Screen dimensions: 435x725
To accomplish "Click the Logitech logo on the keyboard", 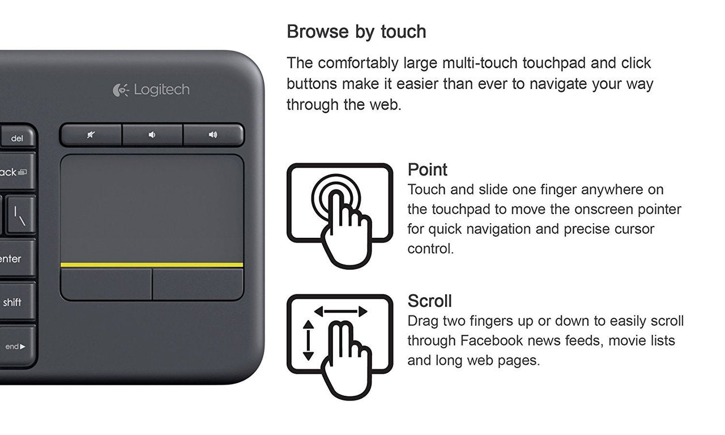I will [x=151, y=89].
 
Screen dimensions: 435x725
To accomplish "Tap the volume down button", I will [x=152, y=135].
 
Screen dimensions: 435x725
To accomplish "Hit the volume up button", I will [x=213, y=135].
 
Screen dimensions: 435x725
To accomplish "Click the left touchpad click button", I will [x=106, y=284].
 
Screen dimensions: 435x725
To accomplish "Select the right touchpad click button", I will [x=198, y=284].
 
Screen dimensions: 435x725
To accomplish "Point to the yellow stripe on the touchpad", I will [x=152, y=265].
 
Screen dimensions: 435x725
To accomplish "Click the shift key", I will [x=12, y=302].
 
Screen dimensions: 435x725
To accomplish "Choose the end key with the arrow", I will [x=15, y=346].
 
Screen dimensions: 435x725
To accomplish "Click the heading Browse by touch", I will [x=356, y=32].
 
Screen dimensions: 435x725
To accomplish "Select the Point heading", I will [x=427, y=169].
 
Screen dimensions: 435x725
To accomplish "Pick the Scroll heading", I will [x=429, y=301].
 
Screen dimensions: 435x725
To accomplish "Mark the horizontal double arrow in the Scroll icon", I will [x=340, y=311].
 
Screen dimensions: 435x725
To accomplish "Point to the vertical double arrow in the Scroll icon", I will [x=308, y=340].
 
